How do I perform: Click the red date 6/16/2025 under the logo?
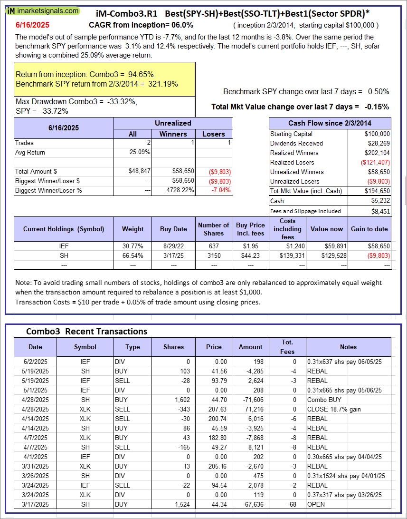[x=32, y=25]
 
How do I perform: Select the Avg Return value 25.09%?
[x=139, y=152]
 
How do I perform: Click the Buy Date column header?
[x=173, y=229]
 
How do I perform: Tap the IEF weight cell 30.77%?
[x=133, y=246]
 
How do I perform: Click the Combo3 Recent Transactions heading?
[x=86, y=331]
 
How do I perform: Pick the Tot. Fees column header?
[x=287, y=347]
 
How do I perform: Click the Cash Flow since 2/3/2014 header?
[x=330, y=123]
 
